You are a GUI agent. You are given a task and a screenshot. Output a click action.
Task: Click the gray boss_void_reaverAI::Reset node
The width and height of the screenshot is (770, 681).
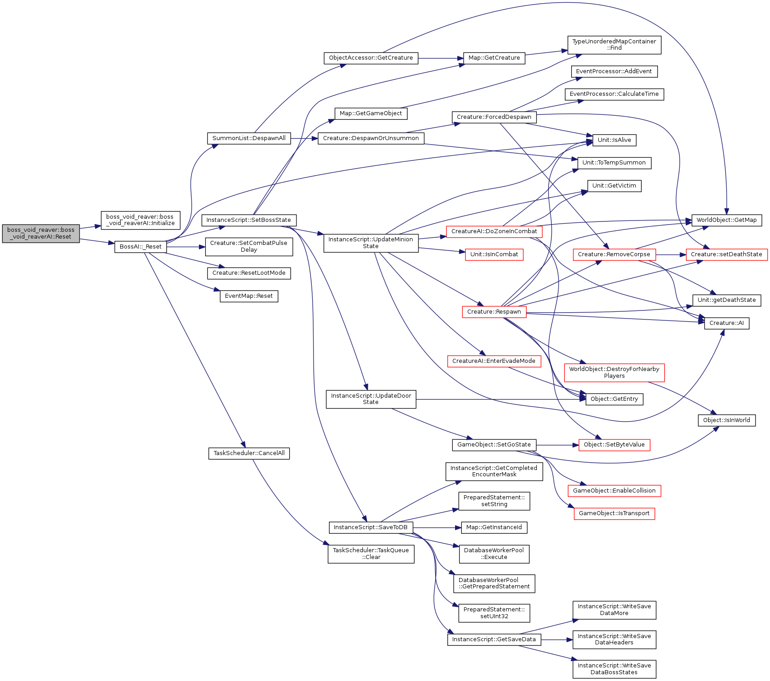(41, 233)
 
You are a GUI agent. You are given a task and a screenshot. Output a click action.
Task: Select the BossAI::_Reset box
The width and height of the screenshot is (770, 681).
(141, 247)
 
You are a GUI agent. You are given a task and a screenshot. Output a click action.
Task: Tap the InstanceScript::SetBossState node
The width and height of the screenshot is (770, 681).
(249, 220)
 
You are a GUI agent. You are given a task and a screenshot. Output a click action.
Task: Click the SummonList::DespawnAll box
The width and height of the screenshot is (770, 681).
(249, 138)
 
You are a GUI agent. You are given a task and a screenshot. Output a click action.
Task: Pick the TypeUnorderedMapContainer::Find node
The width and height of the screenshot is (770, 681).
(614, 45)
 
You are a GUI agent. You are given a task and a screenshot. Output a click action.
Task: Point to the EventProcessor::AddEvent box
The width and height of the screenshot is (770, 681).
(614, 71)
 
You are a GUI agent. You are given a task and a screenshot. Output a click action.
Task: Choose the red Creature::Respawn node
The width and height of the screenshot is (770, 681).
(494, 312)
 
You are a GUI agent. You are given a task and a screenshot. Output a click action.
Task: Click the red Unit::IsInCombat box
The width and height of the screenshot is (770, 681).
(494, 254)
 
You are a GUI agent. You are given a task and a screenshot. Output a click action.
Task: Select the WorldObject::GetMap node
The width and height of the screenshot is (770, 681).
(726, 220)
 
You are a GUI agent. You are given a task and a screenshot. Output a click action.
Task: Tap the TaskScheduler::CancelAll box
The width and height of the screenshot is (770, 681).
(249, 453)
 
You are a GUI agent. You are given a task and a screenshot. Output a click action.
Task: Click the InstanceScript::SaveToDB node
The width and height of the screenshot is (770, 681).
(371, 527)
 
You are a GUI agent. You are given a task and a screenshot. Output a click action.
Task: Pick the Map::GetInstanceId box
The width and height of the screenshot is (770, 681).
(494, 527)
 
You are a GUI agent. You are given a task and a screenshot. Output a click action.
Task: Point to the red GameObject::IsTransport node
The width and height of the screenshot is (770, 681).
(614, 513)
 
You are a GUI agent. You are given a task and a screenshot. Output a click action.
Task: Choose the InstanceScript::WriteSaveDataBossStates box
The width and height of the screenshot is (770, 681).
(614, 669)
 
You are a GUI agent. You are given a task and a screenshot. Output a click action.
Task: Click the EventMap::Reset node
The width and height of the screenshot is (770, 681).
(249, 296)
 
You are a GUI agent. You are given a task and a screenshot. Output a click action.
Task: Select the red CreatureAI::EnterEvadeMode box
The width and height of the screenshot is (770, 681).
(494, 361)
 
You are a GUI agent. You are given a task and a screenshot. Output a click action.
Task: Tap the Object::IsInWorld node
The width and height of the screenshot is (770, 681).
(726, 420)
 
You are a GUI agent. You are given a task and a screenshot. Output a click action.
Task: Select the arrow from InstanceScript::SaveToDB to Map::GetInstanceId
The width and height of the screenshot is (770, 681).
(437, 527)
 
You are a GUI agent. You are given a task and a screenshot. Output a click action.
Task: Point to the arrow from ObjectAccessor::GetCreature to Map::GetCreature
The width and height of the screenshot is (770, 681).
(441, 58)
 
